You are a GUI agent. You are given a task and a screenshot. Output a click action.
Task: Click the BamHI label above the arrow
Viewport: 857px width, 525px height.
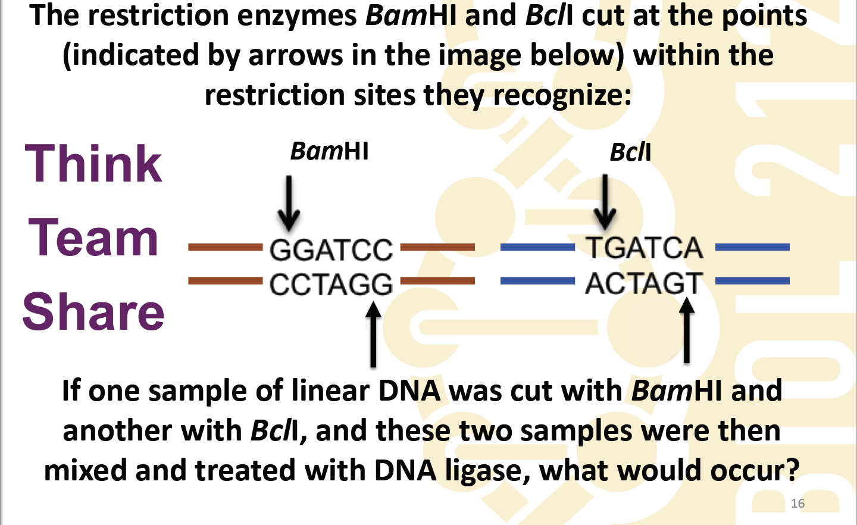329,151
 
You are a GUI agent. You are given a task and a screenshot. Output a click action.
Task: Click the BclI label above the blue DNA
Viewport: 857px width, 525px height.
630,152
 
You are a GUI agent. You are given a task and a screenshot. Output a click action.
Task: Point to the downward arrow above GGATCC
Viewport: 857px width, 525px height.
289,203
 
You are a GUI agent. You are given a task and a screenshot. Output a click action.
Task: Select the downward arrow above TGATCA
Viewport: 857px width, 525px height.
605,202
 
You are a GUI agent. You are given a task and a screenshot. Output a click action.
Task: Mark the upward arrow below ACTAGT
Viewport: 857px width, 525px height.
687,331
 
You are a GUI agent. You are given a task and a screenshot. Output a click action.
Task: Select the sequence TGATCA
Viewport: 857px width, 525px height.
644,248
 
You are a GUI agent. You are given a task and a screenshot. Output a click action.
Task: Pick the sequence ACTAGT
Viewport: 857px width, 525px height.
644,283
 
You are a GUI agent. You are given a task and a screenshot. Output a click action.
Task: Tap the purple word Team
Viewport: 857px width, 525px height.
93,238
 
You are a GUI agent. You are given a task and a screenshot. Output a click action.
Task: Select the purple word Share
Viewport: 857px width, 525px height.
93,312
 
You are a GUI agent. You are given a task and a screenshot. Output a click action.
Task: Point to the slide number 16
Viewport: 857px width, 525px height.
797,504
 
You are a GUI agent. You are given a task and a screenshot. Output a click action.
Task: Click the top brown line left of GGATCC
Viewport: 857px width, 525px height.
225,247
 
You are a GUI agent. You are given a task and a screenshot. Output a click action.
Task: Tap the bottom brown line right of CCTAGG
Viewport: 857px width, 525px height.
437,280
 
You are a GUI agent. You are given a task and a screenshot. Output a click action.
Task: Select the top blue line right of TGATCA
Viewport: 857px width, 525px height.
752,247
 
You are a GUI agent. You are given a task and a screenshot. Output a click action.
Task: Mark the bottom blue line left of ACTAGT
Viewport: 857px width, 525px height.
537,280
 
